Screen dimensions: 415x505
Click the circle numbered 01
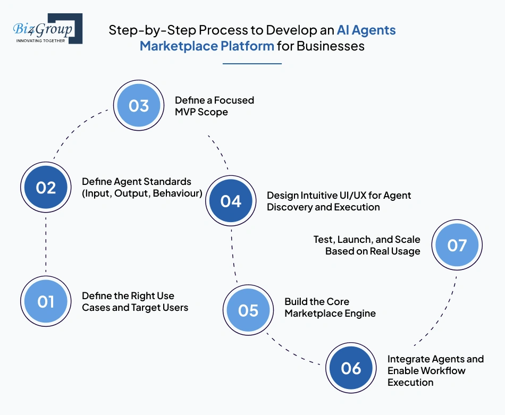[x=46, y=302]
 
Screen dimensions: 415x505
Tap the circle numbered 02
[x=46, y=188]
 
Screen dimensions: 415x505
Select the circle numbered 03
[x=138, y=105]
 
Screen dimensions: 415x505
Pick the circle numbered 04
[x=231, y=201]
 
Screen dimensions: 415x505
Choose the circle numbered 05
[x=248, y=310]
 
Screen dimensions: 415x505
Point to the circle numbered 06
[x=351, y=368]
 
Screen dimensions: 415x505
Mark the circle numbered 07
[x=457, y=245]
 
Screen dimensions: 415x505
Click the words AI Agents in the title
[x=366, y=30]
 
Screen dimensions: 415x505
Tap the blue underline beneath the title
[x=252, y=63]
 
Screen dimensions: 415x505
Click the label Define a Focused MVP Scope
[x=214, y=106]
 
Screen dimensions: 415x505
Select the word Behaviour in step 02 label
[x=178, y=193]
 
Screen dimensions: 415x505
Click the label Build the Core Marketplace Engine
[x=330, y=307]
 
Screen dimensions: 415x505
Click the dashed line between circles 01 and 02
[x=46, y=244]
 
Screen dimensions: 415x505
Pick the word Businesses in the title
[x=330, y=46]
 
